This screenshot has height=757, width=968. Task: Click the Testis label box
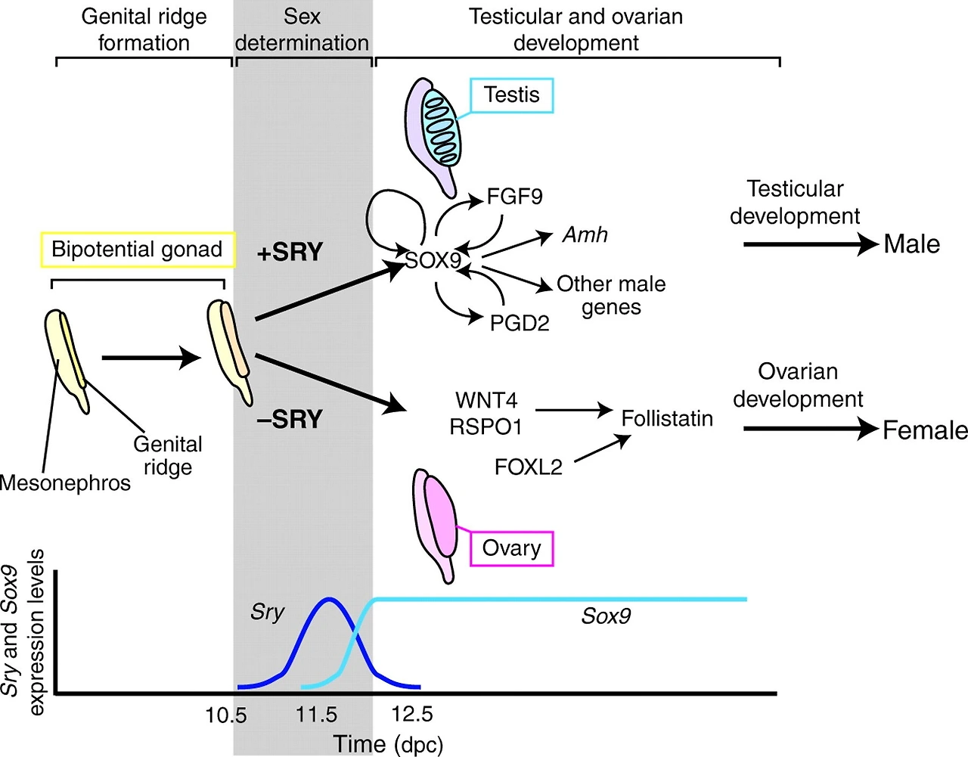click(512, 95)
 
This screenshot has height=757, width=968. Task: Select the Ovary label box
click(512, 548)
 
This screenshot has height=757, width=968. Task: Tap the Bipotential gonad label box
click(137, 250)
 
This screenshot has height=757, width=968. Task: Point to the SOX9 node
click(433, 260)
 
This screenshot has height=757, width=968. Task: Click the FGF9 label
click(514, 197)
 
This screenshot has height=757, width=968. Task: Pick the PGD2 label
click(520, 323)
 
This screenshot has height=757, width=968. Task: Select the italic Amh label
click(585, 234)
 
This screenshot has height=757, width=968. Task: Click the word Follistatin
click(667, 418)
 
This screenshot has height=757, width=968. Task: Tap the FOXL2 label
click(528, 467)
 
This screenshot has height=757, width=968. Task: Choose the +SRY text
click(290, 252)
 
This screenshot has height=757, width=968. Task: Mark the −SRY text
click(290, 419)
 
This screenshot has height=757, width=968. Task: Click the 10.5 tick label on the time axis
click(226, 715)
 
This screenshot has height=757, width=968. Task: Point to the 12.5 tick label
click(412, 714)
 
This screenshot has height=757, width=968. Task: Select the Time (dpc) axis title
click(389, 744)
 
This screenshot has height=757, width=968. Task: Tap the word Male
click(912, 244)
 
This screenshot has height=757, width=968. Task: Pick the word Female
click(925, 430)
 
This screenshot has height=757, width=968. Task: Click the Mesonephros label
click(65, 482)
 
